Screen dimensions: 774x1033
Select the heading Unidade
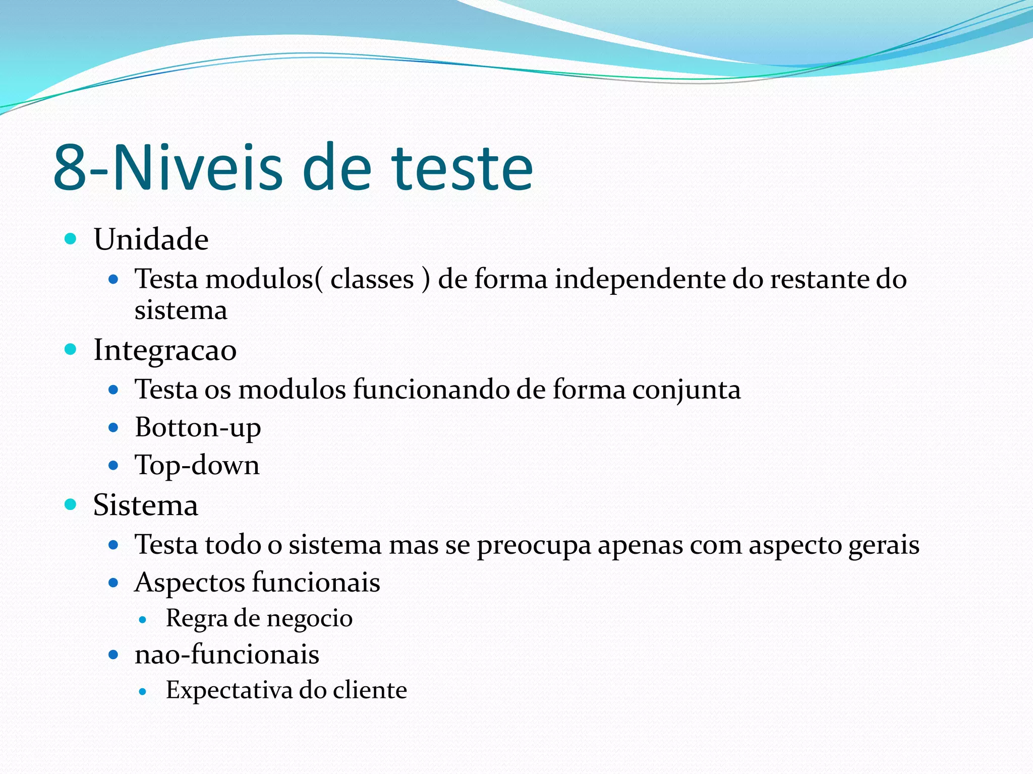pyautogui.click(x=151, y=239)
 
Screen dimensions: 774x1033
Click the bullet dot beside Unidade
pyautogui.click(x=71, y=238)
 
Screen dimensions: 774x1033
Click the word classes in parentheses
pyautogui.click(x=372, y=279)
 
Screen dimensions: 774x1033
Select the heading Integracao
pyautogui.click(x=165, y=350)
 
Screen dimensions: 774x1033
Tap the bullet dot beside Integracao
pyautogui.click(x=71, y=349)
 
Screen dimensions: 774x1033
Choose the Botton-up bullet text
pyautogui.click(x=198, y=428)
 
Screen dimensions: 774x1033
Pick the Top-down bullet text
pyautogui.click(x=197, y=465)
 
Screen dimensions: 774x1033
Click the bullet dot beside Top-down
pyautogui.click(x=113, y=465)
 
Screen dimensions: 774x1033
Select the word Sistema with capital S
pyautogui.click(x=146, y=505)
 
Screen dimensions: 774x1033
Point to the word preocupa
pyautogui.click(x=534, y=546)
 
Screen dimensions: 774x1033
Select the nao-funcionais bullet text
pyautogui.click(x=227, y=655)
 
